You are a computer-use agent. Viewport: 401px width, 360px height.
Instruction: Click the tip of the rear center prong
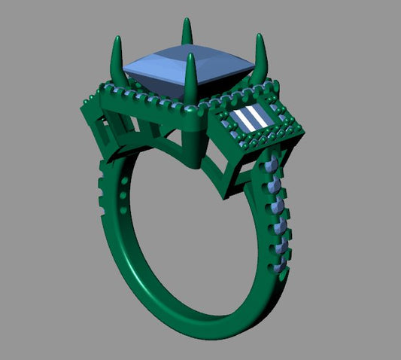coord(186,21)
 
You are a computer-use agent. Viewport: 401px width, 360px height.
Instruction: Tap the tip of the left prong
coord(117,38)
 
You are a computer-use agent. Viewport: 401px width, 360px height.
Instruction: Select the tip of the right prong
coord(260,37)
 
